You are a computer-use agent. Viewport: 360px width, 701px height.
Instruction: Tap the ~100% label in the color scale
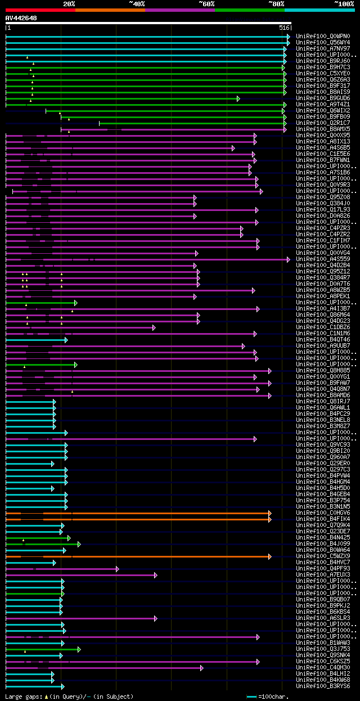[344, 3]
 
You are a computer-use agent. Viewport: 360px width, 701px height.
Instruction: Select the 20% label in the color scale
[69, 3]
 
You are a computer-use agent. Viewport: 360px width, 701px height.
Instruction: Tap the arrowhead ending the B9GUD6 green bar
[238, 98]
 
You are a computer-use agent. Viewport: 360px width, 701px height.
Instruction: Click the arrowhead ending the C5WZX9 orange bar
[270, 556]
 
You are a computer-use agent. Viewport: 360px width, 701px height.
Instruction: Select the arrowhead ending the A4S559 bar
[289, 259]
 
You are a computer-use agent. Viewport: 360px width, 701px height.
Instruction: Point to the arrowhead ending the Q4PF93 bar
[118, 569]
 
